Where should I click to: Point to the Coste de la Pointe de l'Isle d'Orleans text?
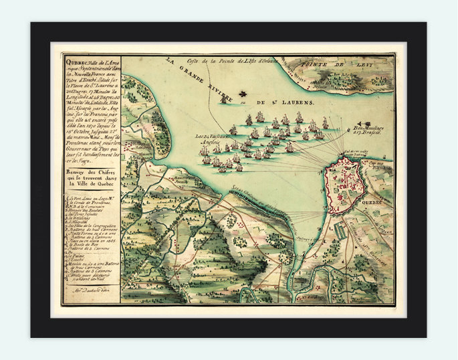[229, 62]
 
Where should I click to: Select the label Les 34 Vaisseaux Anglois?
[209, 139]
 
